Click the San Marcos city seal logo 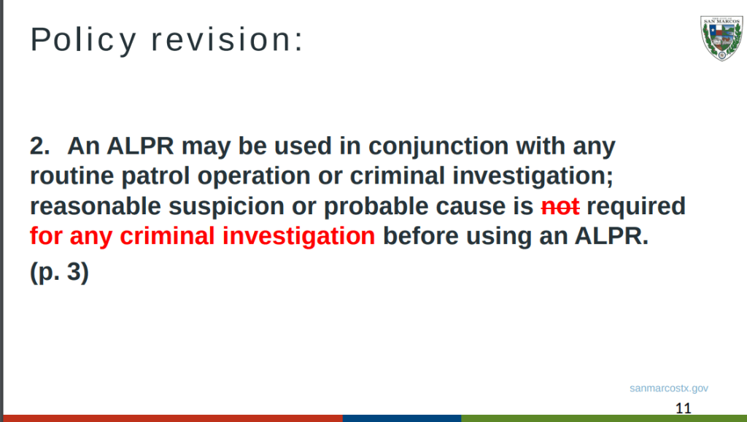point(721,38)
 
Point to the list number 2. point(39,146)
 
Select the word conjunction point(438,146)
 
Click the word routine point(72,176)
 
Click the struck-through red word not point(560,207)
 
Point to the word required point(636,207)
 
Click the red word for point(46,235)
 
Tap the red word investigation point(298,236)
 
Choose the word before point(421,235)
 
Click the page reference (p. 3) point(60,272)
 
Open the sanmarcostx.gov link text point(669,388)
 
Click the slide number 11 point(684,408)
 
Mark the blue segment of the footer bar point(402,418)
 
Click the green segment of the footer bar point(604,418)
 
